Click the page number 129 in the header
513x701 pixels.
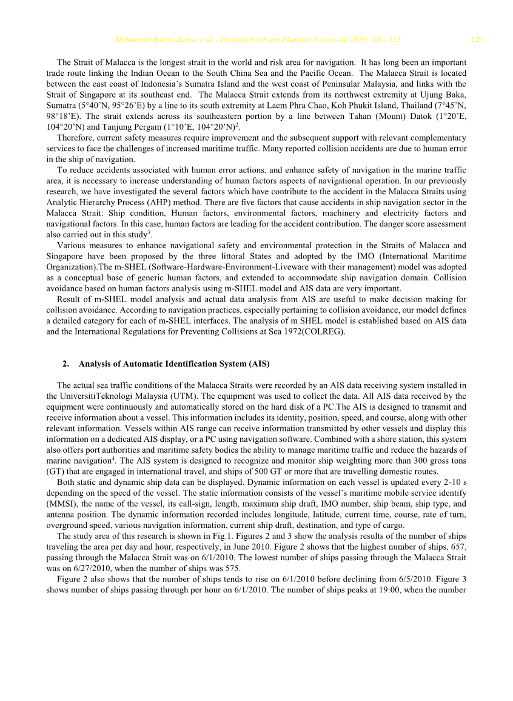pyautogui.click(x=477, y=40)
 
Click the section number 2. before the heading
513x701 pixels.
pyautogui.click(x=65, y=364)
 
